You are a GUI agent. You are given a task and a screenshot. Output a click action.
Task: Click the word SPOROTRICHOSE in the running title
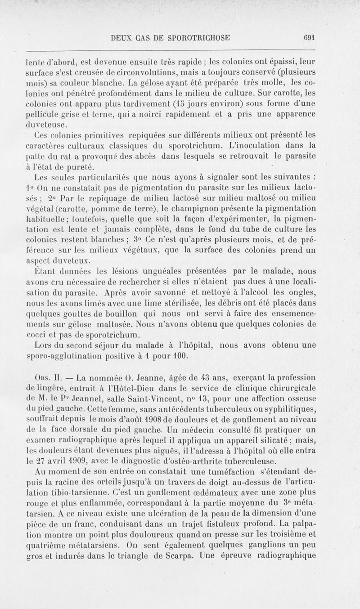tap(194, 38)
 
